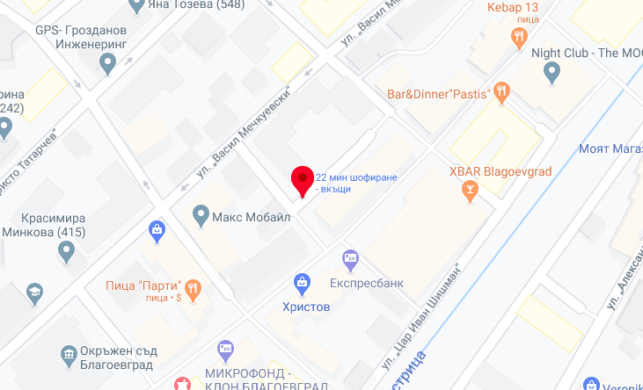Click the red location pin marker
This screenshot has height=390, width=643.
click(x=303, y=180)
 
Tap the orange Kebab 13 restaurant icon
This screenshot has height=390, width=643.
click(x=519, y=37)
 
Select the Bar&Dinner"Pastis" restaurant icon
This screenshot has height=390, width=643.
click(x=502, y=90)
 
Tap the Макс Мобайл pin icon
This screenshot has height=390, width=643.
click(x=201, y=214)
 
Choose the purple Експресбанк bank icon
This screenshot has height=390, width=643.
click(x=350, y=257)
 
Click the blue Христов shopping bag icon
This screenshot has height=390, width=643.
click(x=302, y=283)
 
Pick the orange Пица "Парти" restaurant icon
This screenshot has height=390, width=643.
click(x=194, y=286)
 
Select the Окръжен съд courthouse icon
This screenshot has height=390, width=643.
click(x=68, y=354)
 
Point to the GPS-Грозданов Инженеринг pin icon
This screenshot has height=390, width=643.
click(x=108, y=62)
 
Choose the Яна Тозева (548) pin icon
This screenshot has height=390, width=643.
click(x=135, y=7)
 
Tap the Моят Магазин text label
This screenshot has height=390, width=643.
click(x=610, y=148)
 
